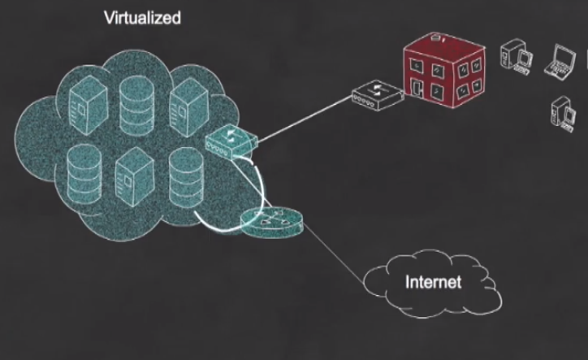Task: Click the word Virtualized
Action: coord(143,17)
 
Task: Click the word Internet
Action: coord(433,283)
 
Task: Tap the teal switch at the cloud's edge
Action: coord(231,141)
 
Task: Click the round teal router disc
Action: coord(270,221)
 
